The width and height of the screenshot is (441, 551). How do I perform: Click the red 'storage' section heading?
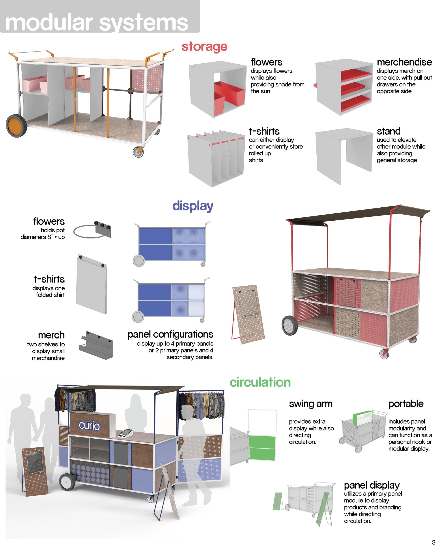204,47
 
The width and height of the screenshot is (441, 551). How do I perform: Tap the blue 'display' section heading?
193,206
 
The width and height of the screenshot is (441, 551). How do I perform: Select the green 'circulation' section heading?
260,382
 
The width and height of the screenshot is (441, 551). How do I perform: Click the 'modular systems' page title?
97,23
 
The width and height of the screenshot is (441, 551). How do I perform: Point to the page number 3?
433,542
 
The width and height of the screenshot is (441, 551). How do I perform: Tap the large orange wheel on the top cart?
16,126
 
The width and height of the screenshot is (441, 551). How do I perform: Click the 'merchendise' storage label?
404,62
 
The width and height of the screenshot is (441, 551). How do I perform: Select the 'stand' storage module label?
388,131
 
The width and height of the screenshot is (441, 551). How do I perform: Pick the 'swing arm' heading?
311,404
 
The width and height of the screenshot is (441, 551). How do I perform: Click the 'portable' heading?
406,404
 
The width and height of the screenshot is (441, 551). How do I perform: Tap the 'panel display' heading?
372,485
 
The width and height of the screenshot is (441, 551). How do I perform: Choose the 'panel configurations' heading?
170,334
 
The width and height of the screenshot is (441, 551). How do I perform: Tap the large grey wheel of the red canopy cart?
290,325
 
